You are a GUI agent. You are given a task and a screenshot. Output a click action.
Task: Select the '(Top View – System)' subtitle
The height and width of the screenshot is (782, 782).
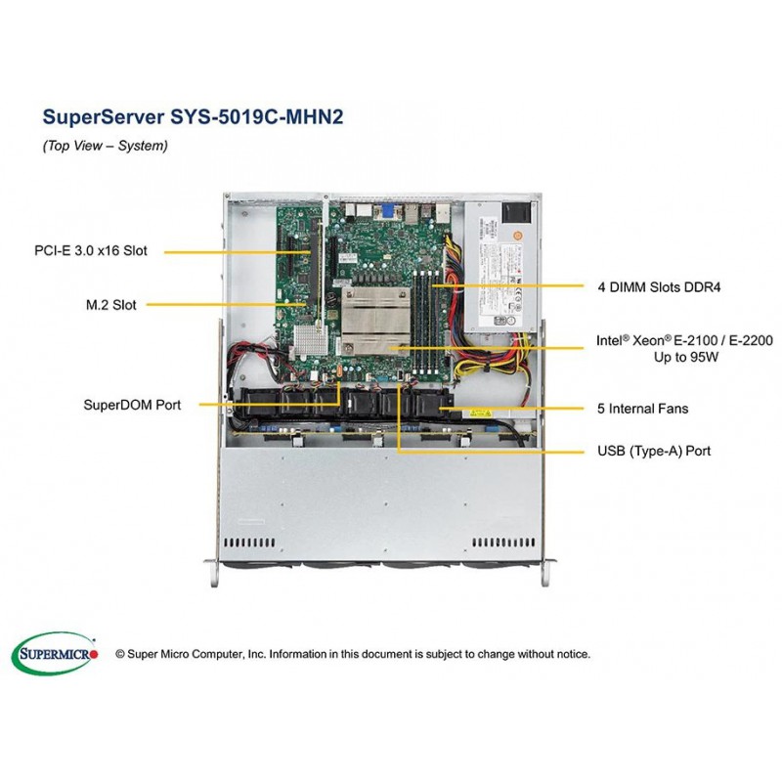[x=106, y=146]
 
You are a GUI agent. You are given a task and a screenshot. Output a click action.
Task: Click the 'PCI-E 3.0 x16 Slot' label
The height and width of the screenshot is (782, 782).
[x=90, y=251]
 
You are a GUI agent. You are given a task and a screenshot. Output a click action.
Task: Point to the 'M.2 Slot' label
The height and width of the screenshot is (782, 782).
[x=110, y=305]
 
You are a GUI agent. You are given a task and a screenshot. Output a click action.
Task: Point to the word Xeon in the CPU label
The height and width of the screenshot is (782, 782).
[x=645, y=341]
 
